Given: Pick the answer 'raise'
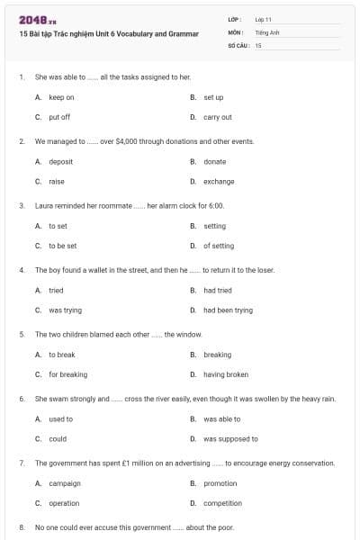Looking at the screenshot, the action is coord(57,182).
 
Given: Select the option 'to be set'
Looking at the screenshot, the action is coord(62,246).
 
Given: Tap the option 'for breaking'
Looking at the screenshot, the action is coord(67,374).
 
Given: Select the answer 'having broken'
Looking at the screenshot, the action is coord(226,374).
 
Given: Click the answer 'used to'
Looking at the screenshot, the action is coord(60,419).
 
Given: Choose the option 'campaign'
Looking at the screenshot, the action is coord(65,483).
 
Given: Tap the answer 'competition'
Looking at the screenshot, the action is coord(222,504).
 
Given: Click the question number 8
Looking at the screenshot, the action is coord(22,527).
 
